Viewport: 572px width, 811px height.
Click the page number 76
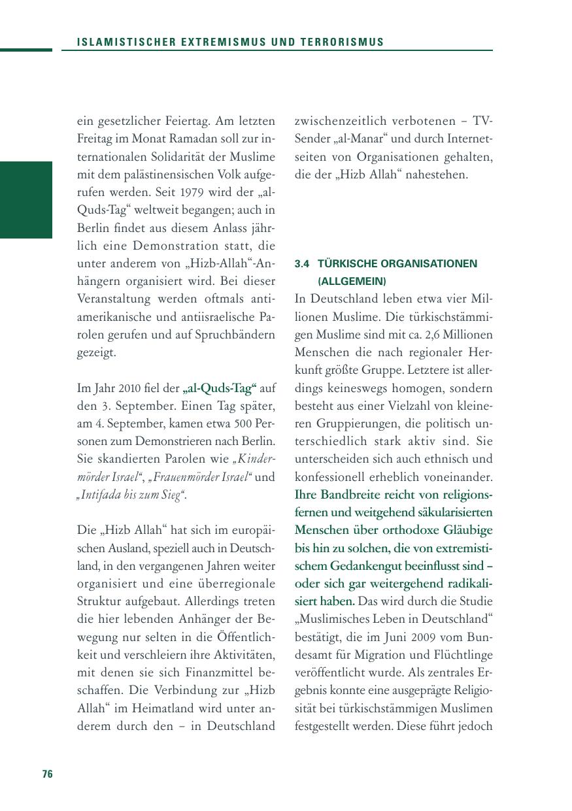pos(47,774)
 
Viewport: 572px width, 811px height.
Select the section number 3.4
pos(301,264)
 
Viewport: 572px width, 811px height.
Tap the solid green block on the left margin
pos(26,199)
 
